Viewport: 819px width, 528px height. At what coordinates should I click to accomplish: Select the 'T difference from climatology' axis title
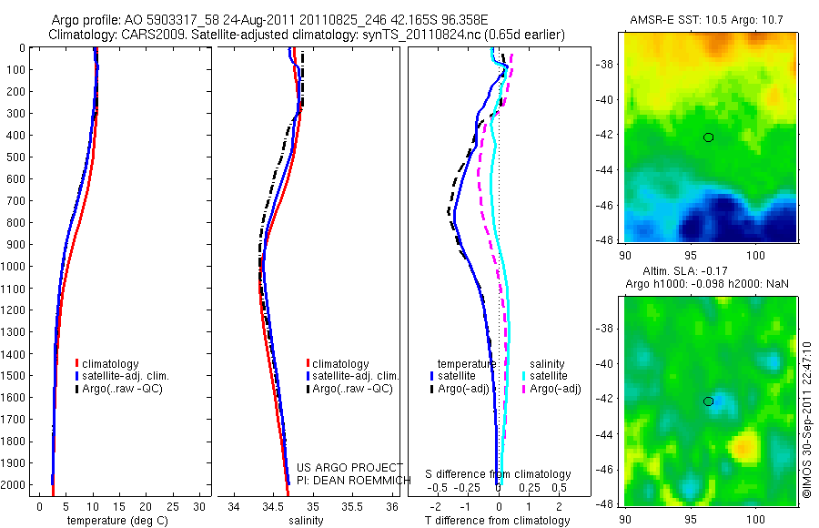498,521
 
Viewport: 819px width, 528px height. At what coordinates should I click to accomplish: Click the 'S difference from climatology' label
499,474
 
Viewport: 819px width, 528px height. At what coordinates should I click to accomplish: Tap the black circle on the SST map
708,137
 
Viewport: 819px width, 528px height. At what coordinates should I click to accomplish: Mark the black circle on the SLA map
708,401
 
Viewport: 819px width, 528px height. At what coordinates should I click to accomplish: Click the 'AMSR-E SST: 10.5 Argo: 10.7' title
707,20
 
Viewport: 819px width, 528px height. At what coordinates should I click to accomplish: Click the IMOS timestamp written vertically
806,420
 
